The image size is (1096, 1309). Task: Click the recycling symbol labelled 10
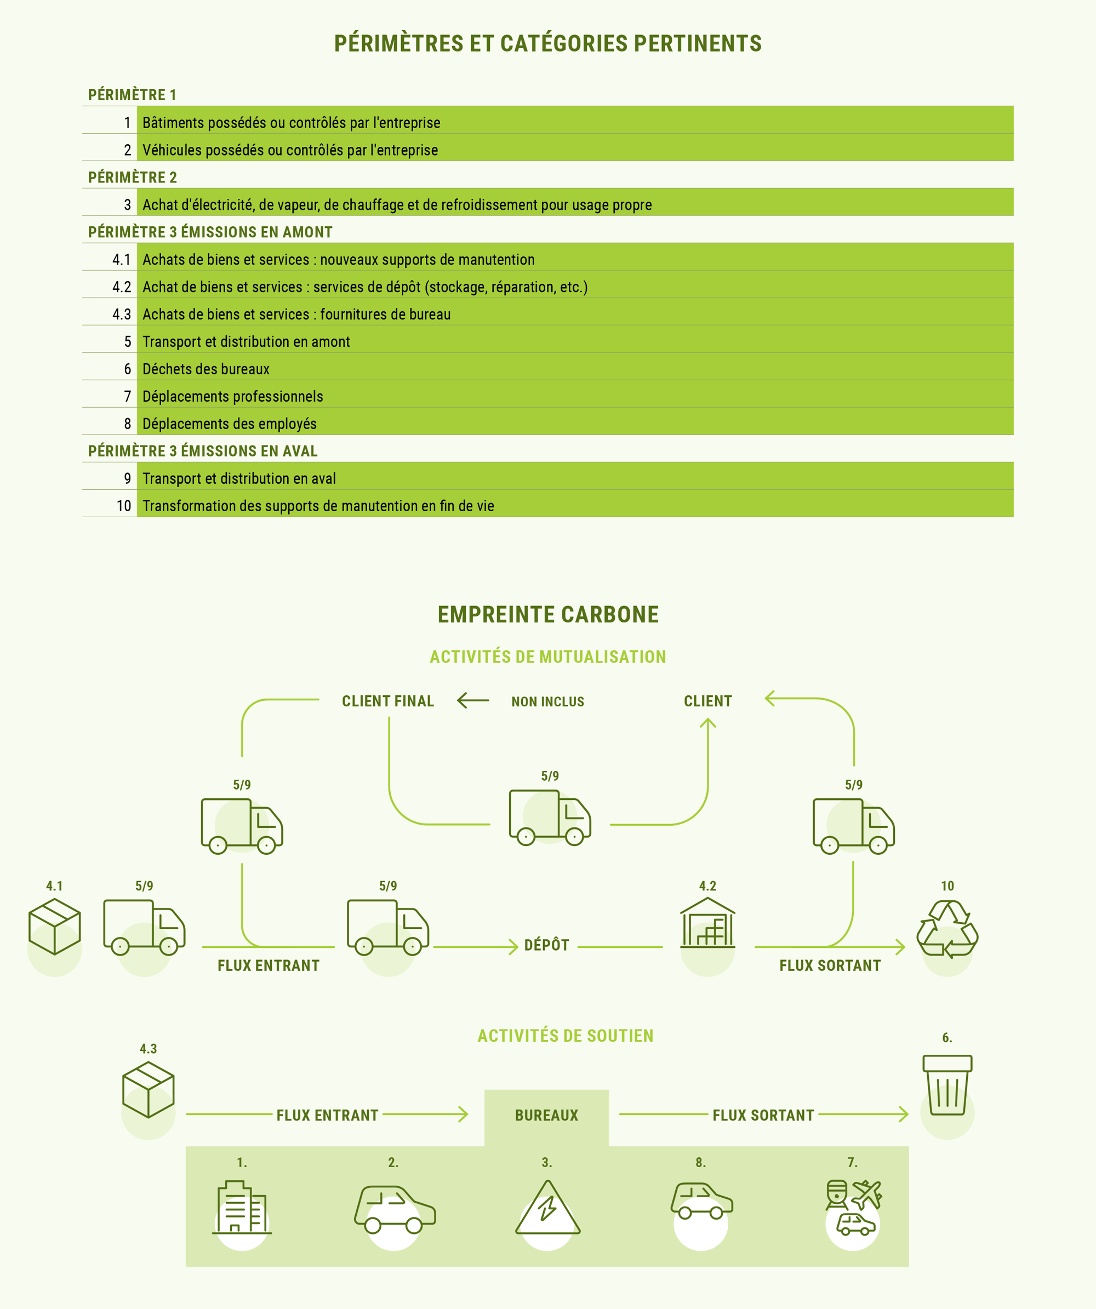pyautogui.click(x=947, y=929)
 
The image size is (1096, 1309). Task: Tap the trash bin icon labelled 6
pyautogui.click(x=947, y=1084)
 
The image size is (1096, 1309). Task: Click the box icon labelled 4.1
pyautogui.click(x=54, y=927)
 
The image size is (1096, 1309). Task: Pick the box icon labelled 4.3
pyautogui.click(x=148, y=1090)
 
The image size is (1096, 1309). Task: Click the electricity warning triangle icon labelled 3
pyautogui.click(x=547, y=1208)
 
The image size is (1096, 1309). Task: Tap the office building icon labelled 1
pyautogui.click(x=242, y=1208)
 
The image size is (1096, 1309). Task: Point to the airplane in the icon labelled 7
pyautogui.click(x=867, y=1194)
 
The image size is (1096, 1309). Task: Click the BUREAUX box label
pyautogui.click(x=547, y=1115)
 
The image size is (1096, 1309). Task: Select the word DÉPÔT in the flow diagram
pyautogui.click(x=547, y=945)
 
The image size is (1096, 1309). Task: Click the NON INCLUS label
pyautogui.click(x=548, y=702)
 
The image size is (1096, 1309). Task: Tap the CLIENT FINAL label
pyautogui.click(x=388, y=701)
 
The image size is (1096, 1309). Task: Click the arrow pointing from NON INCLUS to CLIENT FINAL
pyautogui.click(x=473, y=701)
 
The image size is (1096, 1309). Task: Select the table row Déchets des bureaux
pyautogui.click(x=548, y=369)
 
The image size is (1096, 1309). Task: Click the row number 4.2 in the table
pyautogui.click(x=122, y=287)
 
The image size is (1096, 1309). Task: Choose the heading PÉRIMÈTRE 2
pyautogui.click(x=132, y=177)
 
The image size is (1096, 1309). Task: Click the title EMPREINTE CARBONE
pyautogui.click(x=548, y=615)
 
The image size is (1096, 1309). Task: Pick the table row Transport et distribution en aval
pyautogui.click(x=548, y=478)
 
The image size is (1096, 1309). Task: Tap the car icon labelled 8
pyautogui.click(x=701, y=1201)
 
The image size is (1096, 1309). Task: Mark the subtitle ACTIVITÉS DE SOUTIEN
pyautogui.click(x=566, y=1036)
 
